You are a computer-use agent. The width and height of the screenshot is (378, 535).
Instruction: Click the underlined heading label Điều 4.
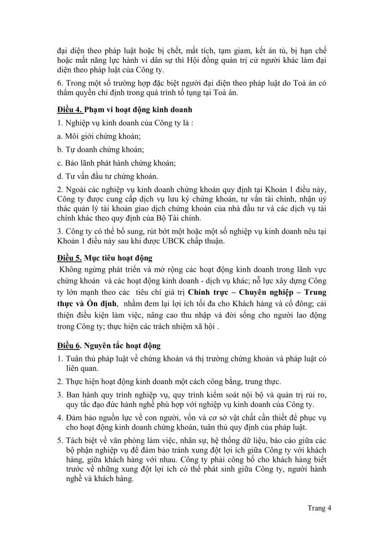click(70, 110)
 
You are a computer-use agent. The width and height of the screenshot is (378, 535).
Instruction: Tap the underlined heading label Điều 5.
click(70, 258)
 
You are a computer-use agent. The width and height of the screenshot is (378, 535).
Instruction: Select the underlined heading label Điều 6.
click(70, 345)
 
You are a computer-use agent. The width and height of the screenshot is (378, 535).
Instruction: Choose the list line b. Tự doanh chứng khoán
click(97, 149)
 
